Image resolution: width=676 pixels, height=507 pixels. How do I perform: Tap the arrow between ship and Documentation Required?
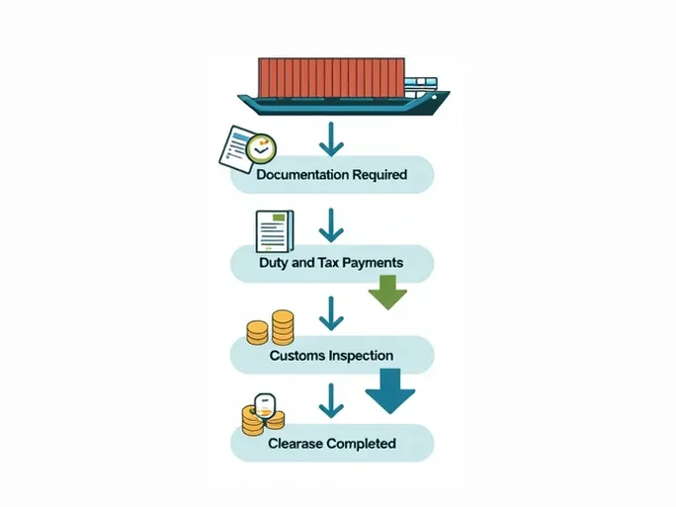coord(331,138)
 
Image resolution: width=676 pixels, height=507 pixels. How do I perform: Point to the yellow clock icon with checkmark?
coord(260,149)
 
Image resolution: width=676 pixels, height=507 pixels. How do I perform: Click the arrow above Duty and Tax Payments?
coord(331,226)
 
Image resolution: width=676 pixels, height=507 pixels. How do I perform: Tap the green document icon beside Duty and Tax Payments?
coord(274,231)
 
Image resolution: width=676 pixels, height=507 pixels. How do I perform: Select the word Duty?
coord(274,264)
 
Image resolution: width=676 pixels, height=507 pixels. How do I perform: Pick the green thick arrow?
coord(387,292)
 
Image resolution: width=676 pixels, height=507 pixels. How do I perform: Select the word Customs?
coord(297,355)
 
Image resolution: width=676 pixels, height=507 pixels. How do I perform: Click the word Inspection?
coord(362,355)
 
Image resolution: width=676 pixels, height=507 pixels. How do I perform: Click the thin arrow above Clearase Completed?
coord(331,401)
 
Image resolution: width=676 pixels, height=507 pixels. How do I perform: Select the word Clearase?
coord(296,444)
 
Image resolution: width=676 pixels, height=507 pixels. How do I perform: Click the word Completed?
coord(361,444)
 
